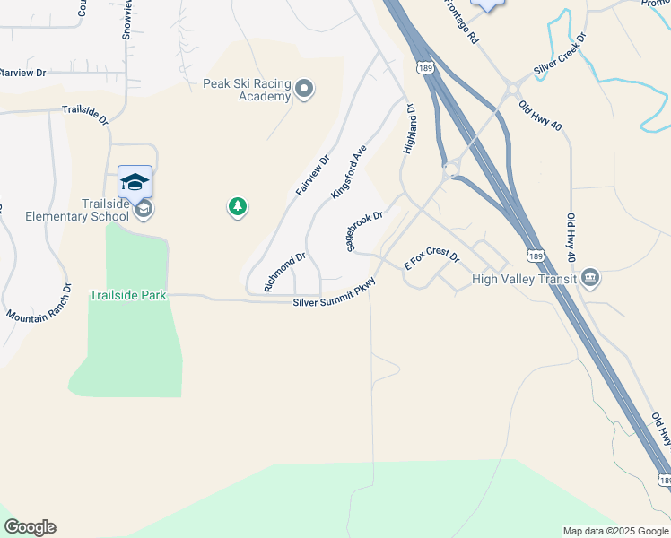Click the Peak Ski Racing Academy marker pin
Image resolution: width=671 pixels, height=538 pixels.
pos(304,88)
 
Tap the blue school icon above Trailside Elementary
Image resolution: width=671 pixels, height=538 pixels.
pos(135,182)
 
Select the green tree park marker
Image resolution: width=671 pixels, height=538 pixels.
pos(237,207)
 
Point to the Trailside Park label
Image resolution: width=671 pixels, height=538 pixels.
pos(127,295)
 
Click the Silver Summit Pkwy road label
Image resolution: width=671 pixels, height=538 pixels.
pos(334,296)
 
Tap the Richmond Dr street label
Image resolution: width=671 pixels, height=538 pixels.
pos(285,271)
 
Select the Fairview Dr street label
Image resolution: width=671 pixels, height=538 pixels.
pos(313,176)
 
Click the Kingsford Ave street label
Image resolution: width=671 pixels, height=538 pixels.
pos(350,171)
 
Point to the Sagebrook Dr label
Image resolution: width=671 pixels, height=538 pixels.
pos(364,230)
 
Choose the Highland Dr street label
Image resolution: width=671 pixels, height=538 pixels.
pos(409,129)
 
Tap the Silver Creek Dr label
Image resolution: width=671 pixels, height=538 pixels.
pos(560,56)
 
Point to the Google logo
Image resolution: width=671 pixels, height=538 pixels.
pos(30,527)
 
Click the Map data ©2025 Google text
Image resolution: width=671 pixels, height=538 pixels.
pos(614,531)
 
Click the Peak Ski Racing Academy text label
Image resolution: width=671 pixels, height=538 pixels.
pos(247,90)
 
